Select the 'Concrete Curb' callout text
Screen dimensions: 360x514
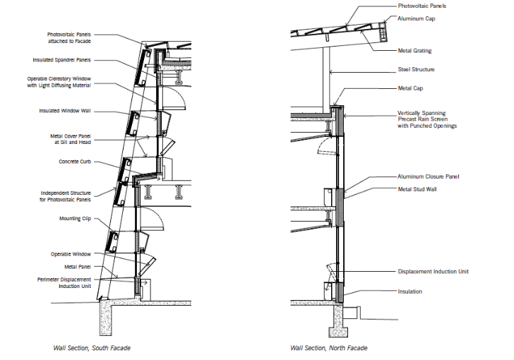click(x=74, y=162)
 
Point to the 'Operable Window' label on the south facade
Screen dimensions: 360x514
click(x=71, y=254)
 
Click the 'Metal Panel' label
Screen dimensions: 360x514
click(x=78, y=267)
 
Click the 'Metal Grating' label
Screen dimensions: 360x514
click(x=414, y=51)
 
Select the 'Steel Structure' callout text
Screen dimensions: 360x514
click(x=416, y=69)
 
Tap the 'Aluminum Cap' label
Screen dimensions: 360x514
click(x=416, y=18)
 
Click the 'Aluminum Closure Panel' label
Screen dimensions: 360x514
click(x=429, y=176)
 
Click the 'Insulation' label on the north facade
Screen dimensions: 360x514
click(x=410, y=291)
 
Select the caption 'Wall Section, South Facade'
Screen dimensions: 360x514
click(x=92, y=348)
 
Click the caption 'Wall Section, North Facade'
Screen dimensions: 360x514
click(x=328, y=348)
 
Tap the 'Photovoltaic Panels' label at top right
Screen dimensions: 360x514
click(x=422, y=6)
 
